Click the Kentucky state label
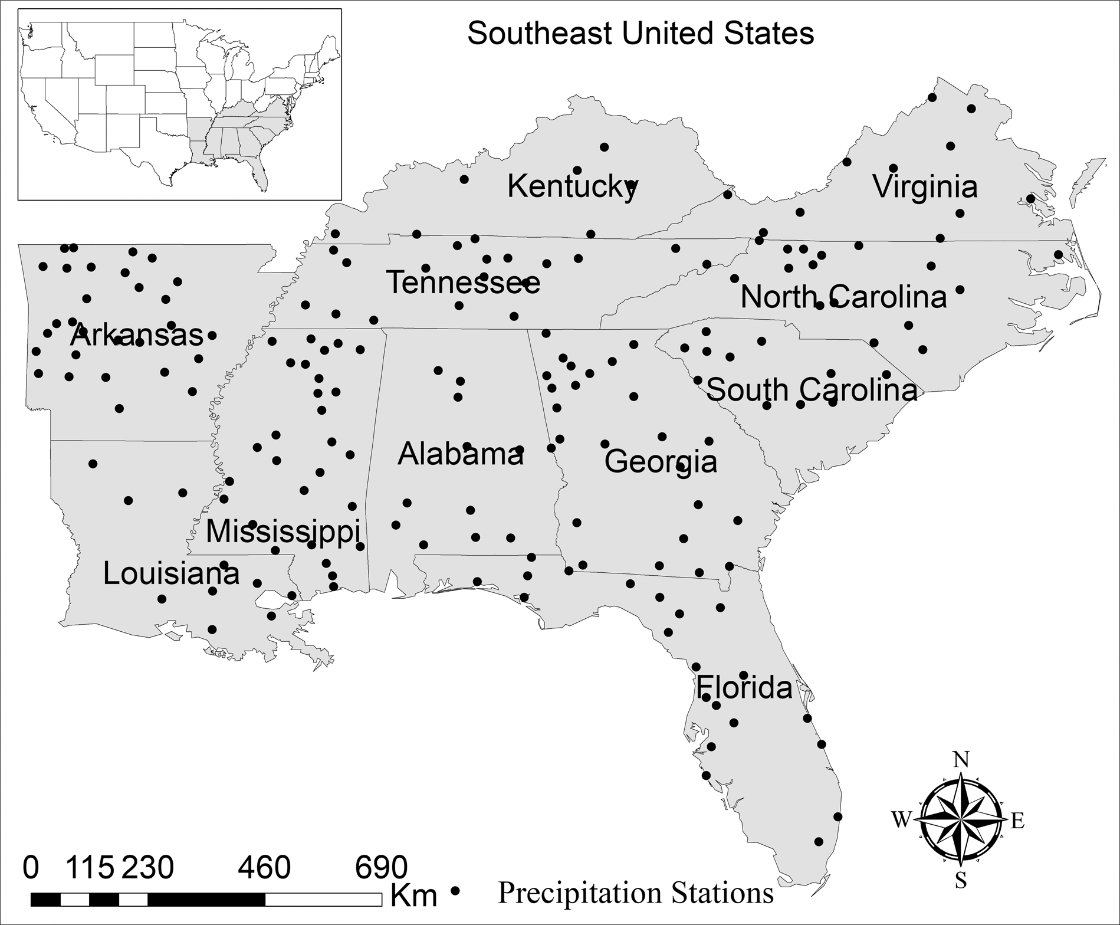(572, 187)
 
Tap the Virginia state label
(925, 187)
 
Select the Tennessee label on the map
(463, 283)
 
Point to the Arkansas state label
(136, 336)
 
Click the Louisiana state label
(171, 573)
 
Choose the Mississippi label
(283, 532)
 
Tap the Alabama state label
(461, 454)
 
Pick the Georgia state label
(661, 461)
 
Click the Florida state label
(744, 688)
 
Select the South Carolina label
(812, 391)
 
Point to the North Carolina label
(843, 297)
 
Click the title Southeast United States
(641, 34)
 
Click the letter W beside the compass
(901, 820)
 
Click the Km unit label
(414, 896)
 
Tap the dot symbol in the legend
(455, 891)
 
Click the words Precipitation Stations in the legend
(635, 893)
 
